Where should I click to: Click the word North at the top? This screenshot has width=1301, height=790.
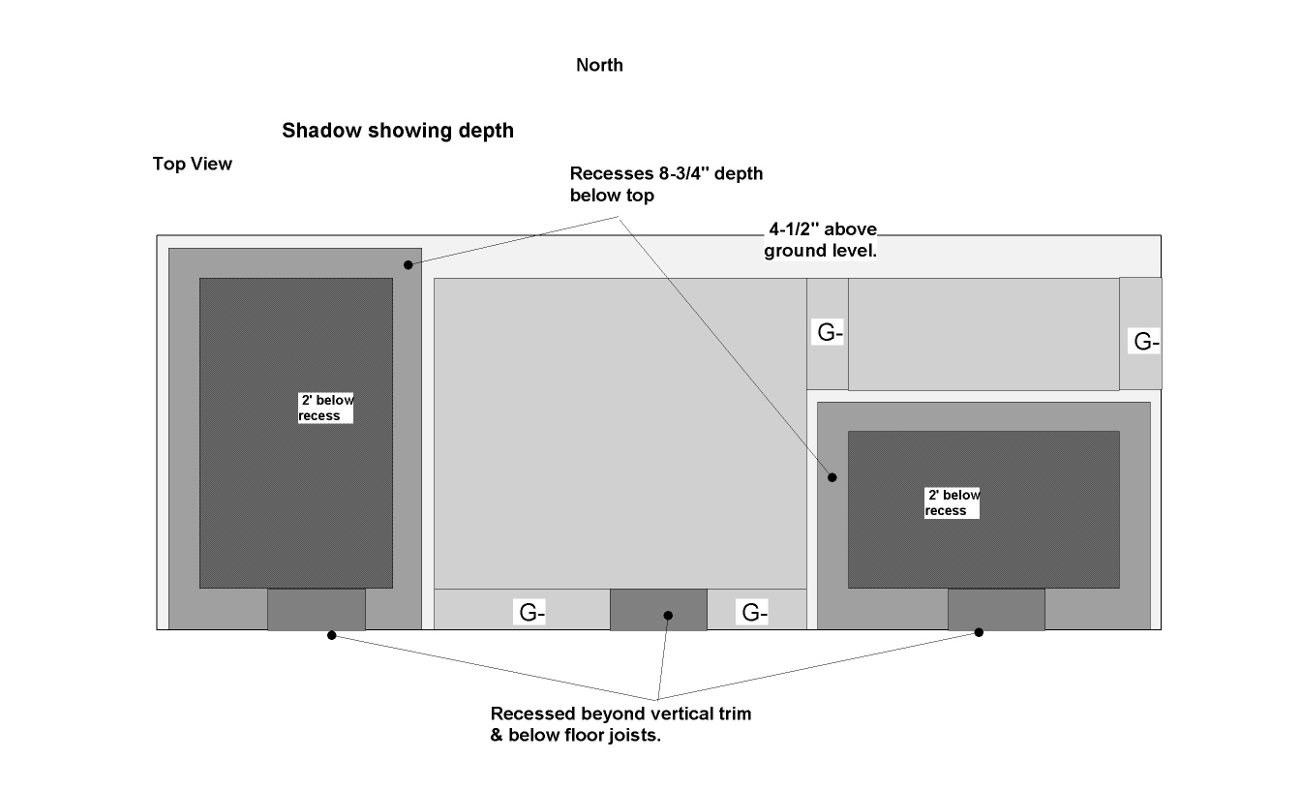pyautogui.click(x=599, y=66)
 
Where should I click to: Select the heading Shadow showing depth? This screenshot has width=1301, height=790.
pyautogui.click(x=398, y=130)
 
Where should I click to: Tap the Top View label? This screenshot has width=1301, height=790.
pyautogui.click(x=193, y=164)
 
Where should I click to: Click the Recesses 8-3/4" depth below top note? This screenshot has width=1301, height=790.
pyautogui.click(x=666, y=184)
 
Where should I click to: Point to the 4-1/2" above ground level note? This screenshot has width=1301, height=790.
pyautogui.click(x=822, y=240)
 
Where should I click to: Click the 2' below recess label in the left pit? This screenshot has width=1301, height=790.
pyautogui.click(x=325, y=408)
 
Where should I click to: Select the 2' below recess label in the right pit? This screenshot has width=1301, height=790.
pyautogui.click(x=953, y=502)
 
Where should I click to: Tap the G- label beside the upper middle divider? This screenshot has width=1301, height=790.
pyautogui.click(x=830, y=333)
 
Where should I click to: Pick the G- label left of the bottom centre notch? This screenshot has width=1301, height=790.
pyautogui.click(x=531, y=612)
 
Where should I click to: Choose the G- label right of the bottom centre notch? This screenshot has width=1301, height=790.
pyautogui.click(x=754, y=612)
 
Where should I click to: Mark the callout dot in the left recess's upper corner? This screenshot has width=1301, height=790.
pyautogui.click(x=408, y=264)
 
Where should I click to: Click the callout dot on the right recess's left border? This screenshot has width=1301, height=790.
pyautogui.click(x=832, y=477)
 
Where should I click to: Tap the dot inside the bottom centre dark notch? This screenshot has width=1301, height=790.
pyautogui.click(x=667, y=615)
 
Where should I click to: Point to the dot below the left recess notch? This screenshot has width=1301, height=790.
pyautogui.click(x=331, y=635)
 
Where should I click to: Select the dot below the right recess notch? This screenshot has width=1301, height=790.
pyautogui.click(x=979, y=632)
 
